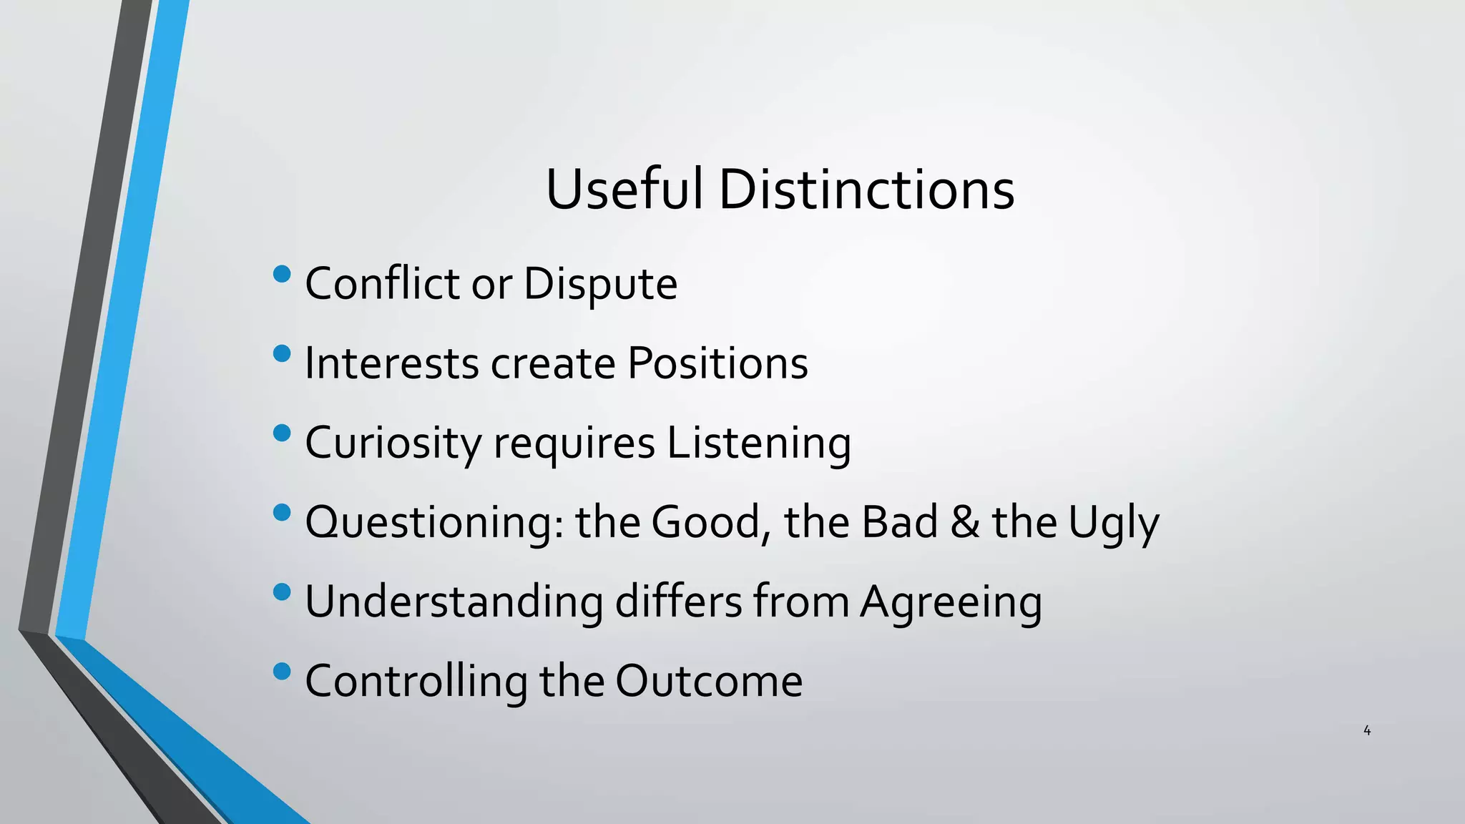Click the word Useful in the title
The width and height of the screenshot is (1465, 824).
point(624,190)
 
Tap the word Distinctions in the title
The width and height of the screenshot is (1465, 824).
point(866,190)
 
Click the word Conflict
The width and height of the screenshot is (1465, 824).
point(382,283)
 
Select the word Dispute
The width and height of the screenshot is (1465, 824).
point(600,285)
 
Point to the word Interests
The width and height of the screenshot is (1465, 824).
point(391,363)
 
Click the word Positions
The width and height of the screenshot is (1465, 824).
point(717,363)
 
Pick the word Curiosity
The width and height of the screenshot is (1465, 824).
point(393,443)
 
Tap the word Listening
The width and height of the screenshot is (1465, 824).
point(759,443)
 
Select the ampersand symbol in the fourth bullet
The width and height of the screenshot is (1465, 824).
point(965,521)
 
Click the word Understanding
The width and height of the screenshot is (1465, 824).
point(454,602)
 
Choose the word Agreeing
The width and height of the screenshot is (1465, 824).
point(951,602)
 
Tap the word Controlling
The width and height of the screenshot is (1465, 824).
point(416,681)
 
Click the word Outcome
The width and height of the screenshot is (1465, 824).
point(708,681)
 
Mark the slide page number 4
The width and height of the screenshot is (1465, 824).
point(1367,730)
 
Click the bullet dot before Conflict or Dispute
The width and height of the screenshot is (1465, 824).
point(283,274)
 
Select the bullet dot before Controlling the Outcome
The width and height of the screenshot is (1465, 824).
point(283,671)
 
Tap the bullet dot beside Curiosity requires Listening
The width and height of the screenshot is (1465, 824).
point(283,433)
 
